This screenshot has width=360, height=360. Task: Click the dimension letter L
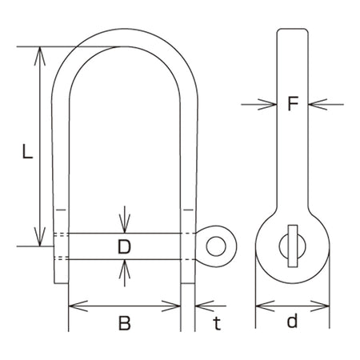pyautogui.click(x=27, y=151)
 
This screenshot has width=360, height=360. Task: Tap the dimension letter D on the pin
pyautogui.click(x=124, y=246)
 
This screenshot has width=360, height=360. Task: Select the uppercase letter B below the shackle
pyautogui.click(x=125, y=323)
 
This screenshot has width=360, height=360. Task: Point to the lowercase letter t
pyautogui.click(x=217, y=323)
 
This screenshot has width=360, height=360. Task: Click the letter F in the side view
pyautogui.click(x=293, y=103)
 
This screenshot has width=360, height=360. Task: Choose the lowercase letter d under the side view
pyautogui.click(x=292, y=321)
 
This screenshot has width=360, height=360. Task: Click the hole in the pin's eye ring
pyautogui.click(x=216, y=246)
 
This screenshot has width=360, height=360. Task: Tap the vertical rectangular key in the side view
pyautogui.click(x=293, y=246)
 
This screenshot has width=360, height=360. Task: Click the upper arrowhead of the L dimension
pyautogui.click(x=40, y=56)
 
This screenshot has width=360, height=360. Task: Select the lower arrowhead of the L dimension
pyautogui.click(x=40, y=237)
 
